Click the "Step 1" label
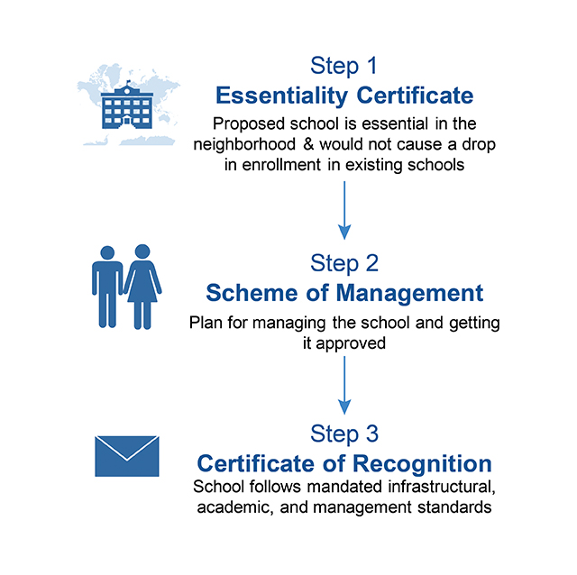coord(343,66)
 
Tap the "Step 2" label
coord(344,263)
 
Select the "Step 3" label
coord(344,434)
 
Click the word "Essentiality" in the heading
coord(281,96)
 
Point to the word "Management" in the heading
coord(409,293)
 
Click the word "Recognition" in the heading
coord(423,463)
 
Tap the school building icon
coord(127,106)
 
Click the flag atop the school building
coord(128,82)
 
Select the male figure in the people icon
coord(107,287)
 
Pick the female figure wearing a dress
coord(142,287)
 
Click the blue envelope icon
coord(127,456)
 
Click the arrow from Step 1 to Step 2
coord(344,210)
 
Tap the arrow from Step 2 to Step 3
coord(344,385)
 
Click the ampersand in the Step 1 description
coord(308,144)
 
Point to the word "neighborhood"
coord(244,144)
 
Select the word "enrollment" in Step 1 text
coord(281,165)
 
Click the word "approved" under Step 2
coord(351,343)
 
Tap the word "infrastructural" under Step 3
coord(442,487)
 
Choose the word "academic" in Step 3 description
coord(235,507)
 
